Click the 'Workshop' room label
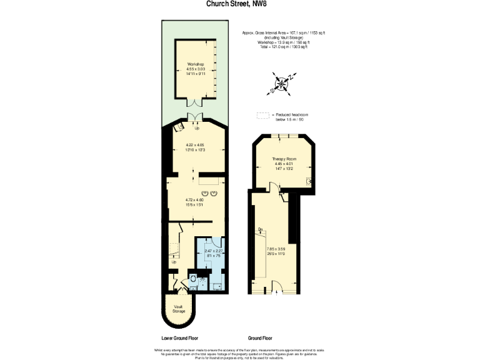(196, 64)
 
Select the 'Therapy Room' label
(283, 159)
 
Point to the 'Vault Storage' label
(179, 309)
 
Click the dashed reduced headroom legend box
(262, 115)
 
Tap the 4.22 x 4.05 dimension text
(196, 144)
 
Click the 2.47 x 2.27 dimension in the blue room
(213, 250)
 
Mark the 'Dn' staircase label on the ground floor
(260, 229)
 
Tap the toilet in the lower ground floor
(193, 279)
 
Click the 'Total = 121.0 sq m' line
(284, 47)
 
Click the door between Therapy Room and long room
(274, 186)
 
